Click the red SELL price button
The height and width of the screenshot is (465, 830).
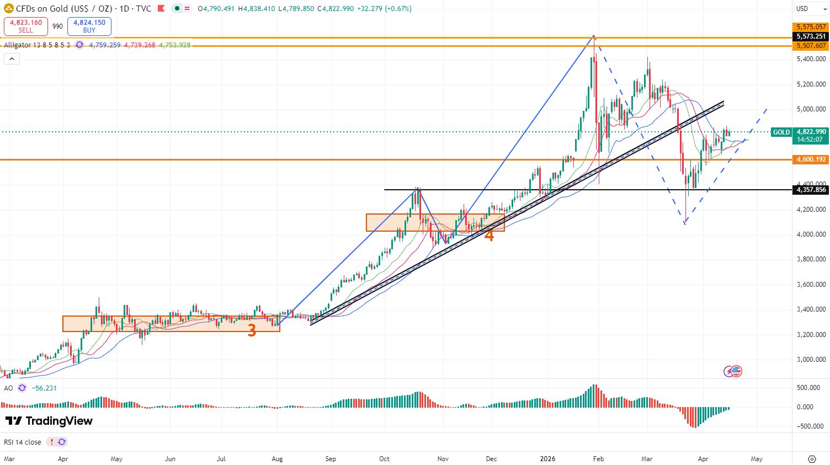26,26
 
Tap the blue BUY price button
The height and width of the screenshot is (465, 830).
89,26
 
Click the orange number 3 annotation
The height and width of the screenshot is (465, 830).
252,330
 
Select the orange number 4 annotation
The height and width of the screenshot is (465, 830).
489,236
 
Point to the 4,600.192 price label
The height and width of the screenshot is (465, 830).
811,159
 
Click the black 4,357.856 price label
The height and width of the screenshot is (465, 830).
811,190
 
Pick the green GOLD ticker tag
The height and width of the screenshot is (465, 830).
781,132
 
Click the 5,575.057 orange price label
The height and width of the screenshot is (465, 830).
811,27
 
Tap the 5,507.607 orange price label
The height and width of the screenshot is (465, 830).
811,46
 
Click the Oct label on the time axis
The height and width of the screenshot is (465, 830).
384,459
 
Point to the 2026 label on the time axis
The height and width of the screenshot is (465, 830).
547,459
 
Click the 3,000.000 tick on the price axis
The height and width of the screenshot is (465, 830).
811,360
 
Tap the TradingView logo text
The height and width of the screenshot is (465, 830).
49,421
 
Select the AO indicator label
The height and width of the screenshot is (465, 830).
8,388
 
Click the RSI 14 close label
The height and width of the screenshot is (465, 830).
23,442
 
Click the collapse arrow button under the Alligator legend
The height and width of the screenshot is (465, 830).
12,59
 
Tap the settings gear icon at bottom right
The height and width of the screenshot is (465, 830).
812,459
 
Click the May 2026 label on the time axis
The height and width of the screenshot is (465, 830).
757,459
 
